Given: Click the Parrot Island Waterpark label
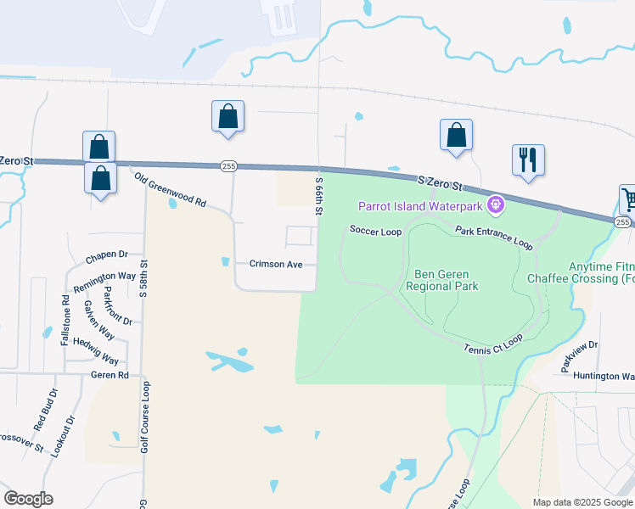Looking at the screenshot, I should pyautogui.click(x=420, y=205).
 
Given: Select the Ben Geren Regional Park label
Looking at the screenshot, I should pyautogui.click(x=447, y=280).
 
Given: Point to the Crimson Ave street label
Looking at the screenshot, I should pyautogui.click(x=276, y=264).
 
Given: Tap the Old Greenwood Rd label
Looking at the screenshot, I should pyautogui.click(x=171, y=190).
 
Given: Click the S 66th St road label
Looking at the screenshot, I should pyautogui.click(x=320, y=196).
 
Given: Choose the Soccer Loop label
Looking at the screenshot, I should pyautogui.click(x=375, y=231).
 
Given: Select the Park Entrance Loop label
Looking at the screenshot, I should pyautogui.click(x=493, y=237).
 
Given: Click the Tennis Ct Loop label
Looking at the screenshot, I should pyautogui.click(x=493, y=344).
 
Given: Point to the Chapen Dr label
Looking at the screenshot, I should pyautogui.click(x=106, y=255).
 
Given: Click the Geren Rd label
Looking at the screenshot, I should pyautogui.click(x=110, y=374).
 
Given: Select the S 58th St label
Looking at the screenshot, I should pyautogui.click(x=143, y=281).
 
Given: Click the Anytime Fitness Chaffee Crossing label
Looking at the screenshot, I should pyautogui.click(x=581, y=271).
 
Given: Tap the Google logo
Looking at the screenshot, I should pyautogui.click(x=28, y=499).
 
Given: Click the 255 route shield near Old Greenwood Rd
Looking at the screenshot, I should pyautogui.click(x=228, y=166).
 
